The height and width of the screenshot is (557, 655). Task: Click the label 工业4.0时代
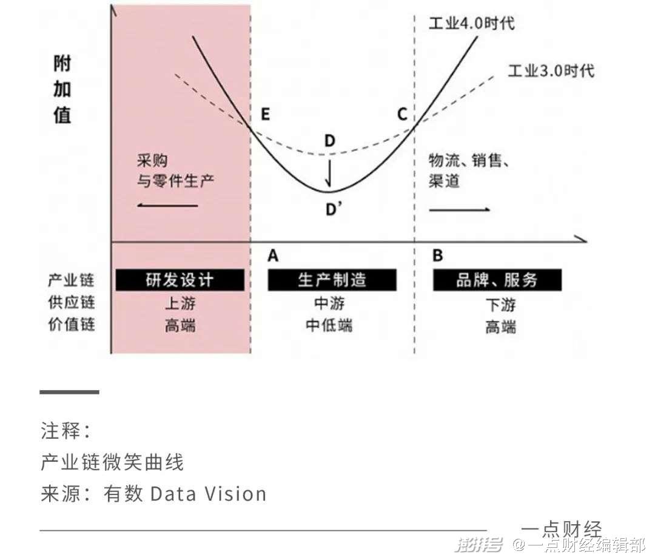pyautogui.click(x=472, y=23)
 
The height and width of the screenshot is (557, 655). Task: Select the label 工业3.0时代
pyautogui.click(x=551, y=70)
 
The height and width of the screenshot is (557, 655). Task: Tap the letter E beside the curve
pyautogui.click(x=265, y=114)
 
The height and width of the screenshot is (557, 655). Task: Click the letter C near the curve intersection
pyautogui.click(x=402, y=114)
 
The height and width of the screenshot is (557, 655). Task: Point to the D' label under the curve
pyautogui.click(x=334, y=209)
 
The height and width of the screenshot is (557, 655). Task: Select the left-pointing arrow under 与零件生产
pyautogui.click(x=167, y=205)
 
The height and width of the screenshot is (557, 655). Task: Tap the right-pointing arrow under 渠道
pyautogui.click(x=460, y=209)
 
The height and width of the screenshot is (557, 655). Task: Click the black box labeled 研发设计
pyautogui.click(x=180, y=280)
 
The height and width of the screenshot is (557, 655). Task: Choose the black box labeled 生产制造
pyautogui.click(x=332, y=280)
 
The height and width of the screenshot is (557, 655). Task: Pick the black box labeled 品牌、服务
pyautogui.click(x=497, y=280)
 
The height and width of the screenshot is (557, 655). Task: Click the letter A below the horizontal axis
pyautogui.click(x=273, y=255)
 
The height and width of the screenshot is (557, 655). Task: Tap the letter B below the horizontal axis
pyautogui.click(x=437, y=255)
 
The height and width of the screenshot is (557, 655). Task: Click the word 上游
pyautogui.click(x=180, y=303)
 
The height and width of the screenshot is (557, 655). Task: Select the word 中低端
pyautogui.click(x=329, y=325)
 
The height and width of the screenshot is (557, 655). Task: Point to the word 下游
pyautogui.click(x=500, y=305)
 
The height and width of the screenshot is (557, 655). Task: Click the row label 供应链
pyautogui.click(x=72, y=302)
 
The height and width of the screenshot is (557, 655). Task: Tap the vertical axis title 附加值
pyautogui.click(x=62, y=89)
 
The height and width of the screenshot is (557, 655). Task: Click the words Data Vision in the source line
pyautogui.click(x=207, y=493)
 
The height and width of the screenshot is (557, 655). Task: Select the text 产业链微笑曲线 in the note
pyautogui.click(x=112, y=462)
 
